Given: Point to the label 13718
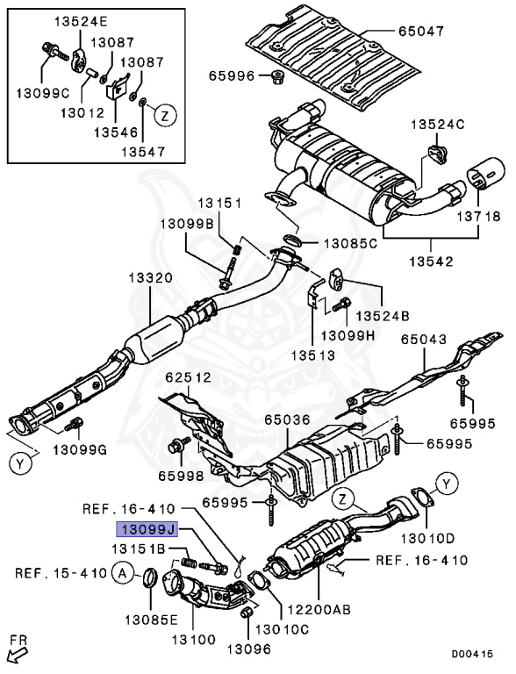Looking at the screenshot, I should click(477, 215).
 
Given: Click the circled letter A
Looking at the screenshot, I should click(125, 573).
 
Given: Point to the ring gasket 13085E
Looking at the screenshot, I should click(150, 578).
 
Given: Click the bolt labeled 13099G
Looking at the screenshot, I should click(75, 425).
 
